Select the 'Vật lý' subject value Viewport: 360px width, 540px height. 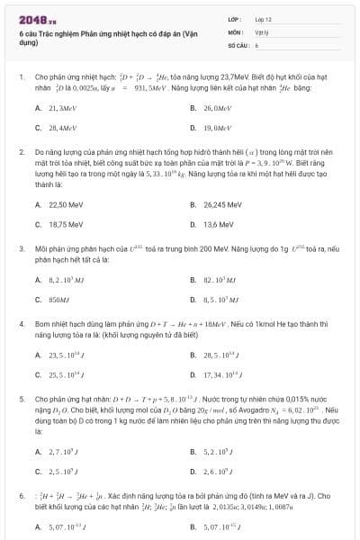coord(262,31)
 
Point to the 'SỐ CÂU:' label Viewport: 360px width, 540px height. coord(238,43)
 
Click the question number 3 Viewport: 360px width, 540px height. coord(21,247)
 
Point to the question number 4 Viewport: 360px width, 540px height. coord(21,321)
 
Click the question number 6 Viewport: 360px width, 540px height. coord(21,495)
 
